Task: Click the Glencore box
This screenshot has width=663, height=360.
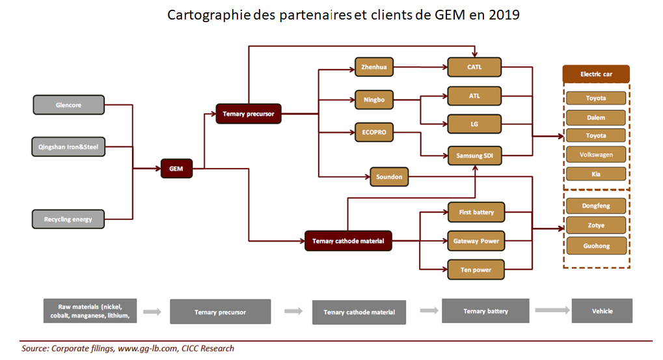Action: [68, 105]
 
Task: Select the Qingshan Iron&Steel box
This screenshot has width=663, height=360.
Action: [68, 147]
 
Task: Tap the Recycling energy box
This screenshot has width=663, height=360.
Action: [68, 219]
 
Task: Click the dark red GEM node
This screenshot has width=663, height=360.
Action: [176, 169]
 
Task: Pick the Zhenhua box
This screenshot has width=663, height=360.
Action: [373, 66]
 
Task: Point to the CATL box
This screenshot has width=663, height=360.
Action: [474, 66]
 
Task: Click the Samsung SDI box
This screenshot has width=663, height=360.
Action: [474, 156]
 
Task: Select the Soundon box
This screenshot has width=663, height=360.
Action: [389, 176]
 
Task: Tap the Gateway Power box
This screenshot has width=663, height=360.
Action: [476, 241]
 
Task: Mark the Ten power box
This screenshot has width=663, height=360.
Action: [476, 270]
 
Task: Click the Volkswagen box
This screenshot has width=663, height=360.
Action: [595, 155]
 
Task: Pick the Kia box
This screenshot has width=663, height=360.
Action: [595, 174]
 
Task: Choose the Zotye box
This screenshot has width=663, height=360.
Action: [595, 225]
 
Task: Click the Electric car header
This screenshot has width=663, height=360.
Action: [596, 74]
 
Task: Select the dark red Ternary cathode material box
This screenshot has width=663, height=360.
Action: [348, 241]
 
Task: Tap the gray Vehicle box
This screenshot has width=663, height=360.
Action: [602, 311]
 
